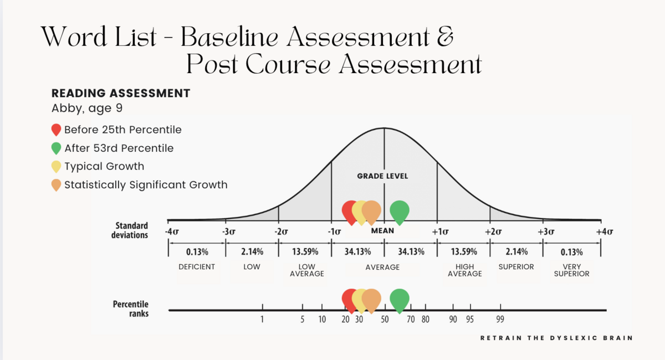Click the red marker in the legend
pyautogui.click(x=56, y=130)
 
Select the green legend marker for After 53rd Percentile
pyautogui.click(x=56, y=148)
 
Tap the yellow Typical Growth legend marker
pyautogui.click(x=56, y=167)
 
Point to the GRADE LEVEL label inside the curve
pyautogui.click(x=382, y=176)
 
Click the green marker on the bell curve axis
pyautogui.click(x=400, y=212)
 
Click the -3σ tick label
pyautogui.click(x=228, y=232)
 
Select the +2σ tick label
pyautogui.click(x=493, y=232)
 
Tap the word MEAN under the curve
pyautogui.click(x=382, y=230)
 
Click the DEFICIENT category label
pyautogui.click(x=197, y=267)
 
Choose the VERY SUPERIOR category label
pyautogui.click(x=571, y=270)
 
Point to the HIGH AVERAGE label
pyautogui.click(x=464, y=270)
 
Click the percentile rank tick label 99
pyautogui.click(x=500, y=320)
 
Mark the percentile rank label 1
pyautogui.click(x=262, y=320)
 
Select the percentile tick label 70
pyautogui.click(x=411, y=320)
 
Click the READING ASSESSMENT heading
pyautogui.click(x=121, y=93)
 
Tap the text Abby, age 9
pyautogui.click(x=87, y=108)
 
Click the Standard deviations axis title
pyautogui.click(x=130, y=230)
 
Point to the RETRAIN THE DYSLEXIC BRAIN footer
pyautogui.click(x=556, y=338)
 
